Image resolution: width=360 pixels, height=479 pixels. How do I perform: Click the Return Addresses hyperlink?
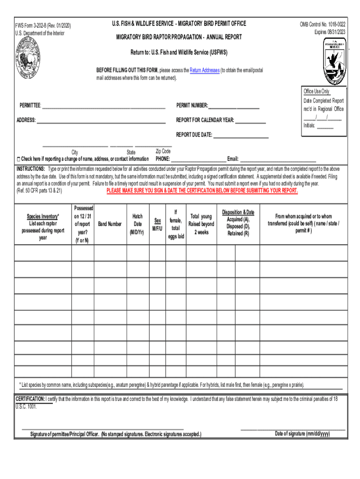pyautogui.click(x=204, y=70)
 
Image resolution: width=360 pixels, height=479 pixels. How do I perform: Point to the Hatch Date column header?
pyautogui.click(x=137, y=224)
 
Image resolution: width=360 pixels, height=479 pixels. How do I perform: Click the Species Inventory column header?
pyautogui.click(x=43, y=227)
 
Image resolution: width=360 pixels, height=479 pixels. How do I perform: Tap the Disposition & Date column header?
pyautogui.click(x=238, y=223)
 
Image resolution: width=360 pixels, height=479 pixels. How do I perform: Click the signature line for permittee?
pyautogui.click(x=102, y=428)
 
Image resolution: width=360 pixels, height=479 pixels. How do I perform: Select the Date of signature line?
pyautogui.click(x=293, y=428)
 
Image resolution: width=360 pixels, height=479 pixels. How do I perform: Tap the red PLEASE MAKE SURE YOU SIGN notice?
pyautogui.click(x=202, y=191)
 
